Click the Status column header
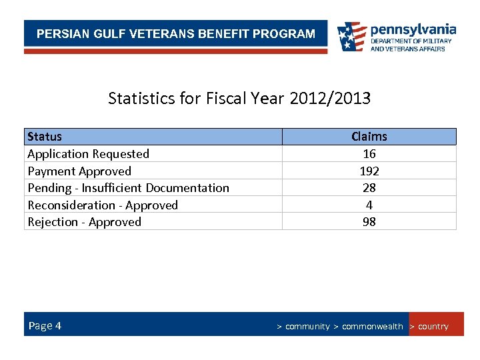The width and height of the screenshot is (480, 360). click(45, 137)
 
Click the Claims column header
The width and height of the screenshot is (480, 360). click(369, 137)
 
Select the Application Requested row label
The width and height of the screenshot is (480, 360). click(88, 154)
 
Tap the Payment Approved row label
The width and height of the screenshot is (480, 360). click(79, 171)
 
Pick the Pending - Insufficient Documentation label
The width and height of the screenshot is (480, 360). click(128, 188)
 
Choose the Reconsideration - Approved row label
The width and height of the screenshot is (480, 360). click(103, 205)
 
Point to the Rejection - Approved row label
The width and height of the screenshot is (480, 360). click(84, 222)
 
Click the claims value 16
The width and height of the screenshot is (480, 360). click(369, 154)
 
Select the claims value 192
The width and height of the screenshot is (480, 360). click(369, 171)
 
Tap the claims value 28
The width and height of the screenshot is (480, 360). click(369, 188)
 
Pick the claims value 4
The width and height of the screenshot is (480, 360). click(369, 205)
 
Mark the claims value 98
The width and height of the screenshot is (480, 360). click(369, 222)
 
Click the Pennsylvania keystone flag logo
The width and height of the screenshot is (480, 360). click(351, 37)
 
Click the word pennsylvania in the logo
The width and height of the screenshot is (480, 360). click(413, 30)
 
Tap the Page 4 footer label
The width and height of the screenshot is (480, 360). click(45, 325)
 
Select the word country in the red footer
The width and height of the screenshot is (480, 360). click(433, 327)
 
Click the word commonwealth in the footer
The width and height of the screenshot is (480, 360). click(372, 327)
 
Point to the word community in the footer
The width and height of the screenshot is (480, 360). click(307, 327)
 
